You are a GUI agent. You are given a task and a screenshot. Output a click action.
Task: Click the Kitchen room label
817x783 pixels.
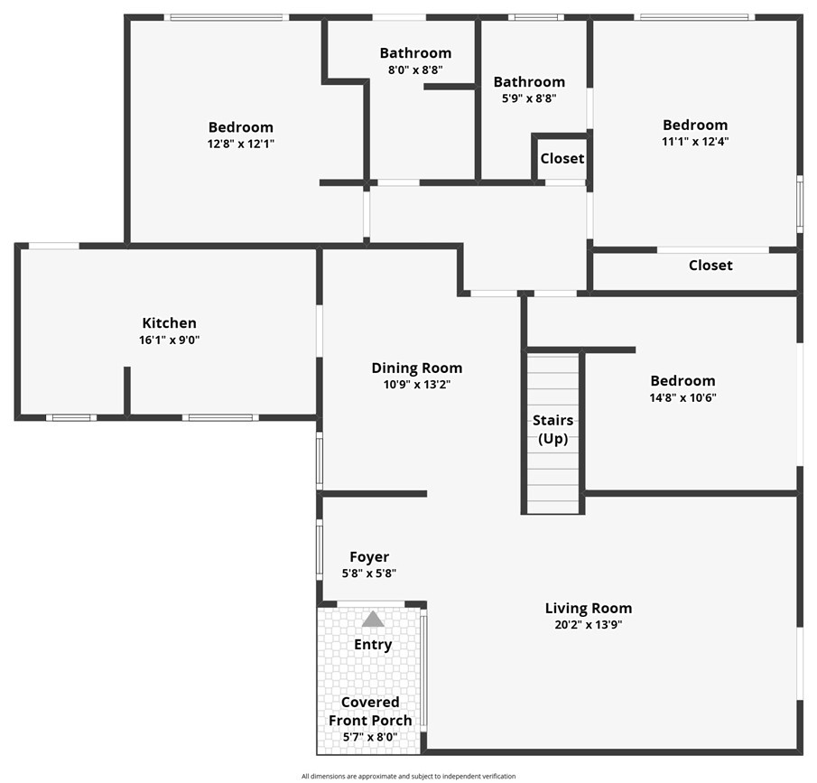click(x=169, y=323)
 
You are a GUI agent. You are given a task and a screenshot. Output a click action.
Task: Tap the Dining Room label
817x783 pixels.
click(x=417, y=368)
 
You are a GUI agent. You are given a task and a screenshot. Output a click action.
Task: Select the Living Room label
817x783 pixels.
click(x=589, y=608)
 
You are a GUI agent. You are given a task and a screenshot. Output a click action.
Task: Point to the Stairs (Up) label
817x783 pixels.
click(x=552, y=430)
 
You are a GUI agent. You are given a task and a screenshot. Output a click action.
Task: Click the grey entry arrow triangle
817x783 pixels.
click(x=373, y=620)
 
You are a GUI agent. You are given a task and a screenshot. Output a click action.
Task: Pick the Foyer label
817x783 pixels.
click(x=369, y=557)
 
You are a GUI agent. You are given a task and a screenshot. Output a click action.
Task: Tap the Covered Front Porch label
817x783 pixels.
click(x=370, y=711)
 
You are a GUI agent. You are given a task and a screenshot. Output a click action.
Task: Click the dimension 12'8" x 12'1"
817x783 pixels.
click(x=240, y=143)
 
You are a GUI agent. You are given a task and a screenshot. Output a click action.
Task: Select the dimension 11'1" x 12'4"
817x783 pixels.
click(x=694, y=141)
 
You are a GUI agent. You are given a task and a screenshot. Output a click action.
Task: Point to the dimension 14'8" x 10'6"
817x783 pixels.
click(x=682, y=397)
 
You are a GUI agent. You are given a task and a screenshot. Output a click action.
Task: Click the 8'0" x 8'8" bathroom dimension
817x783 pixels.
click(x=415, y=70)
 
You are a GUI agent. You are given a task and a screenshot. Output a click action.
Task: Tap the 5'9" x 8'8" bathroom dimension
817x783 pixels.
click(x=529, y=98)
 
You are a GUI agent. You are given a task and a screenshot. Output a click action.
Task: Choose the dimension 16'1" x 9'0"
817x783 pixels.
click(x=169, y=340)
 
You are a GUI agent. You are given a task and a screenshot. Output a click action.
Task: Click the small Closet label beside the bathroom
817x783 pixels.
click(x=562, y=159)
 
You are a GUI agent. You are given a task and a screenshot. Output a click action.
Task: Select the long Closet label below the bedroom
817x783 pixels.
click(x=710, y=266)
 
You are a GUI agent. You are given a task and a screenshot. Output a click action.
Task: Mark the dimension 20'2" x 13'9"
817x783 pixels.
click(x=589, y=624)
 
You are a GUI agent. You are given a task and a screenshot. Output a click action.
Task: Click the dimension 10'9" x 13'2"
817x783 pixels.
click(x=417, y=384)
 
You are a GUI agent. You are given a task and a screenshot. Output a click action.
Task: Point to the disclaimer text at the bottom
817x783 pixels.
click(x=408, y=776)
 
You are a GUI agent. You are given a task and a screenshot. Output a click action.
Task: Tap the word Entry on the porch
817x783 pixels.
click(x=373, y=645)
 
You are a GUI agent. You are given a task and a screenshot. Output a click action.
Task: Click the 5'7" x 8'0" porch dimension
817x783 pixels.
click(x=370, y=737)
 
